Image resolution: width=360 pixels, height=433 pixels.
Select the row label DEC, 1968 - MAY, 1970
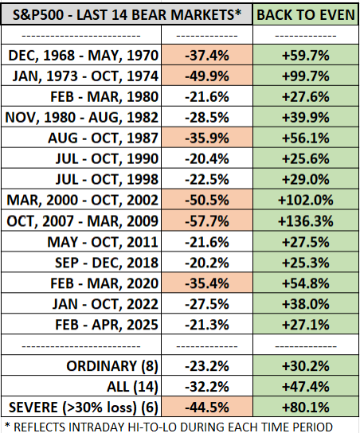pos(84,56)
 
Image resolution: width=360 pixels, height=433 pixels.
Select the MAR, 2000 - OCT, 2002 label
pos(84,199)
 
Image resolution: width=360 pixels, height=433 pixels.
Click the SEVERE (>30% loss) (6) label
pos(83,406)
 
